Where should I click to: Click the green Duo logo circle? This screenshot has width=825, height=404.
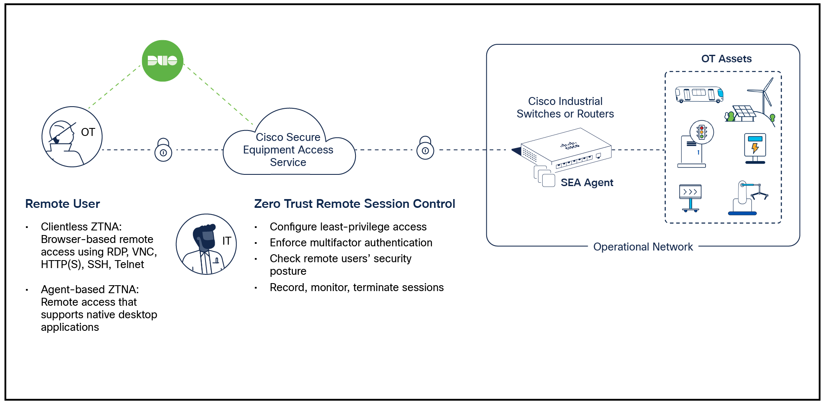click(162, 61)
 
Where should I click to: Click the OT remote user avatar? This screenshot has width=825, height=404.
click(72, 137)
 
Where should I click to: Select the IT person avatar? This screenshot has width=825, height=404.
click(206, 244)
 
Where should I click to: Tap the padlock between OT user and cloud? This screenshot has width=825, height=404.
click(163, 150)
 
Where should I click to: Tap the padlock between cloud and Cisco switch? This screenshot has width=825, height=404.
click(425, 148)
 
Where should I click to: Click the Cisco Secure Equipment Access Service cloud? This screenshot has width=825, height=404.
click(288, 149)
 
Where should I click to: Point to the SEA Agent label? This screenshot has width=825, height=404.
click(586, 183)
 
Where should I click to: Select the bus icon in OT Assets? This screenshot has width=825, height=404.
click(699, 95)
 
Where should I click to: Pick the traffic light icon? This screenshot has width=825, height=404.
click(702, 133)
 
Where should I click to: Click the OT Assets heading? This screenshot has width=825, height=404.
click(726, 59)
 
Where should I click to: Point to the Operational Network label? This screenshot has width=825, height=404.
click(643, 247)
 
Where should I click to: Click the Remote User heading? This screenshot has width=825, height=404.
click(63, 204)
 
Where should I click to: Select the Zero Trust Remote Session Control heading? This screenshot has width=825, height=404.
click(354, 204)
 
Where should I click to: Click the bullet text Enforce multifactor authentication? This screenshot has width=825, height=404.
click(350, 243)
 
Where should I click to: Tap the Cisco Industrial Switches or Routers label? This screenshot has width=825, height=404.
click(565, 107)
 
